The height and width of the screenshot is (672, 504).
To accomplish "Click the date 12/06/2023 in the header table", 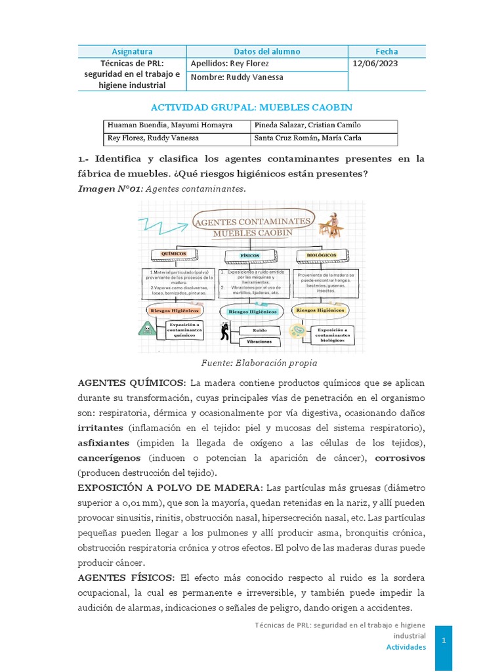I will pos(375,64).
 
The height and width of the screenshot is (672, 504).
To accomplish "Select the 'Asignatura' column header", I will pos(132,51).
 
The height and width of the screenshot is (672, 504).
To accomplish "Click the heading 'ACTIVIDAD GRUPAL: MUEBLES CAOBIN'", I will pos(251,107).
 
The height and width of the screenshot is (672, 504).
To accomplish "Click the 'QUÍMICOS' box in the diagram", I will pos(170,254).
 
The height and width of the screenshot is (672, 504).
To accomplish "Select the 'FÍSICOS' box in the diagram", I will pos(251,255).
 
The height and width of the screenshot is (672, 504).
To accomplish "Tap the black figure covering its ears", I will pos(225,332).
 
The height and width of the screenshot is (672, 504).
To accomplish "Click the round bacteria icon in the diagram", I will pos(299,331).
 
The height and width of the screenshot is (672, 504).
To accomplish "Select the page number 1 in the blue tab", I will pos(444,640).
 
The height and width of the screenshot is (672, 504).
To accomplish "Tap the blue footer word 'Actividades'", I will pos(406,647).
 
